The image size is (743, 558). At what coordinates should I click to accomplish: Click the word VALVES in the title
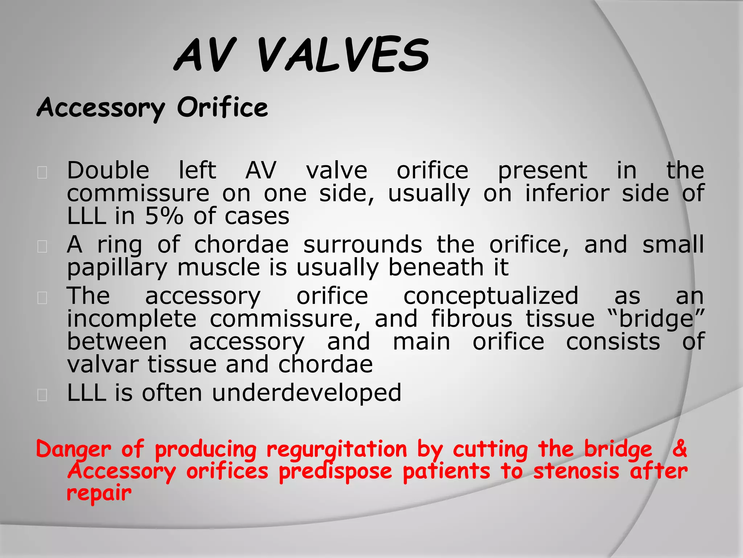(x=343, y=55)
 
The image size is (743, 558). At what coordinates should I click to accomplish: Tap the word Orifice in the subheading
(x=222, y=108)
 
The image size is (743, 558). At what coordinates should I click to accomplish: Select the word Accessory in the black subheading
(x=101, y=109)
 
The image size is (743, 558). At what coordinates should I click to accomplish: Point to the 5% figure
(x=164, y=216)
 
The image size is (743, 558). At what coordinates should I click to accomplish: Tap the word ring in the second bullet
(x=119, y=244)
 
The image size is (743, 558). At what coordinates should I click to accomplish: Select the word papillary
(x=117, y=268)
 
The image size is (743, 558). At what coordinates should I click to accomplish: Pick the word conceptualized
(x=491, y=296)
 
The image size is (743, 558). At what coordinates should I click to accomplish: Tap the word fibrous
(x=472, y=319)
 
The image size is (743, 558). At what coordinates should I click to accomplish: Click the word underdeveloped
(x=307, y=393)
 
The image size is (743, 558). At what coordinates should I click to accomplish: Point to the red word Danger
(x=74, y=449)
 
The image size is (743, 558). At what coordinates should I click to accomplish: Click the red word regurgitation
(x=337, y=449)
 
